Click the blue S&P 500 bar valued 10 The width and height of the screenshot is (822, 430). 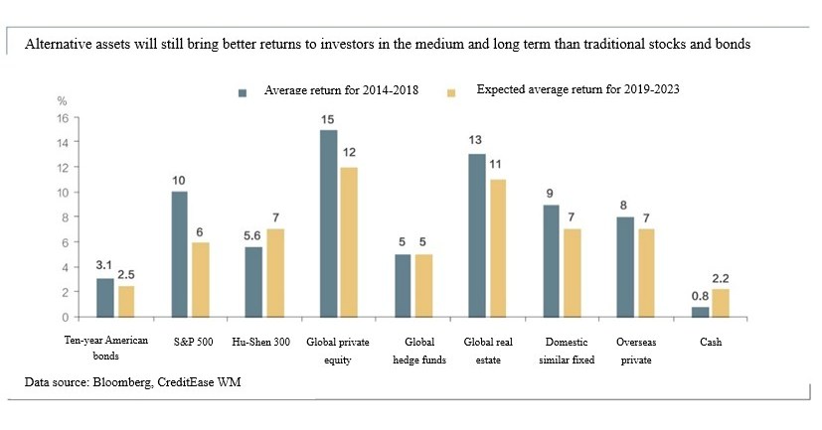[x=180, y=254]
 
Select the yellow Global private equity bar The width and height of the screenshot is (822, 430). [x=349, y=242]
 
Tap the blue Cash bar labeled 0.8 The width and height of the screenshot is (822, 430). [x=700, y=312]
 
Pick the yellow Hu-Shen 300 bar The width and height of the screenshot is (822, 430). [x=276, y=273]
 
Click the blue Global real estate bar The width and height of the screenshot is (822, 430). [x=476, y=235]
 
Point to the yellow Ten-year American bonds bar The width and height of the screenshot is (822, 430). [x=125, y=301]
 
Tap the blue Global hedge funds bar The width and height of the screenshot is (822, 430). [x=403, y=285]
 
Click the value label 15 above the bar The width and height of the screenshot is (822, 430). [x=327, y=119]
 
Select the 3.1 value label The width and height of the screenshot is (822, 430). [x=103, y=266]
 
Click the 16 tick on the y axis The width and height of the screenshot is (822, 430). [x=61, y=117]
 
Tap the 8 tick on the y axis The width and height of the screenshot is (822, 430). [x=63, y=217]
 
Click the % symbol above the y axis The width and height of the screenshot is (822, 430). [x=62, y=100]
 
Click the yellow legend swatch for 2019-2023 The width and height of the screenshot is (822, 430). [x=450, y=91]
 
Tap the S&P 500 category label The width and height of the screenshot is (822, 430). [x=191, y=342]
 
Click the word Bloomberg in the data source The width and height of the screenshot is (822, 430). [x=125, y=381]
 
